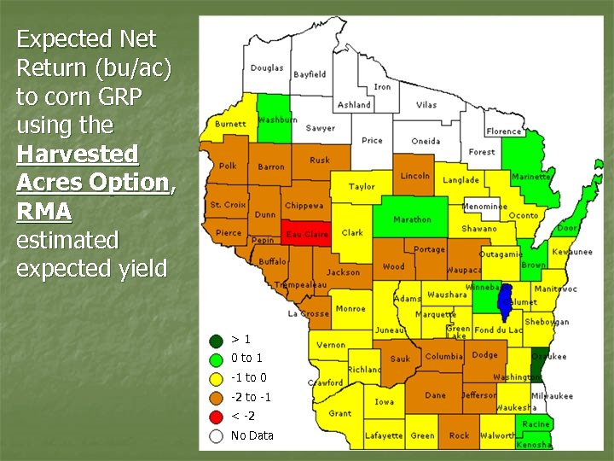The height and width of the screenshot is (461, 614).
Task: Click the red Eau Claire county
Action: [x=305, y=233]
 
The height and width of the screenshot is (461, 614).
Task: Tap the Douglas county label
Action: [x=267, y=68]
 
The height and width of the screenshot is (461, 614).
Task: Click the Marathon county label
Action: [x=412, y=219]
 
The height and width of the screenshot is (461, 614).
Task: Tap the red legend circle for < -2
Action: [x=217, y=417]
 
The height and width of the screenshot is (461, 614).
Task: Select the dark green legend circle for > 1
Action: [x=217, y=339]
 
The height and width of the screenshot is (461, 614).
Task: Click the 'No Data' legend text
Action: [x=252, y=435]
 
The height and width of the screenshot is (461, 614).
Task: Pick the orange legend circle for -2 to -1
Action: [x=217, y=397]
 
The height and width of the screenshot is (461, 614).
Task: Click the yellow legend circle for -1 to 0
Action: [x=217, y=377]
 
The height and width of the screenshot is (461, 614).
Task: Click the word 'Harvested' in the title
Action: [x=77, y=155]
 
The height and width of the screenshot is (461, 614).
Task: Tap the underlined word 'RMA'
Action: [x=43, y=211]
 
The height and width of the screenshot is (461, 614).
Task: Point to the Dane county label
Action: [x=435, y=395]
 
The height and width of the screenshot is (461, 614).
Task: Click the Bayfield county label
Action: [x=310, y=74]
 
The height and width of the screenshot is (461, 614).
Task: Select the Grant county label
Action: [x=339, y=413]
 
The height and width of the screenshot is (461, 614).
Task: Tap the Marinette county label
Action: [x=530, y=178]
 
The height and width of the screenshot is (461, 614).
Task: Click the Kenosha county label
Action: [x=535, y=445]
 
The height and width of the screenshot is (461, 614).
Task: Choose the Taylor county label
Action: [x=362, y=186]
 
